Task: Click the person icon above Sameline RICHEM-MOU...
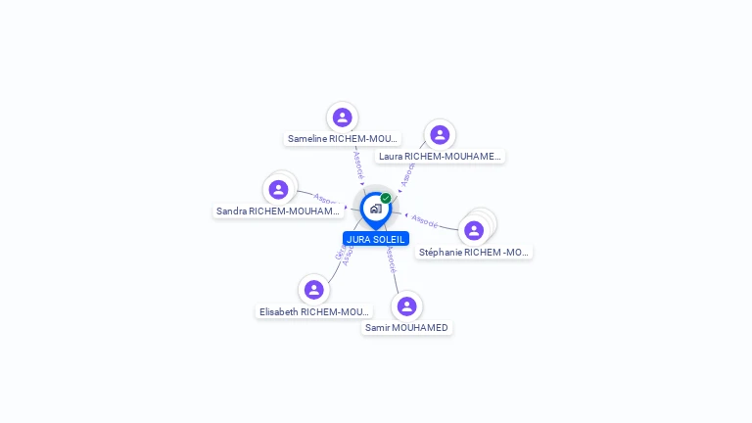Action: click(342, 117)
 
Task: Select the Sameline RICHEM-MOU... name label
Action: click(343, 139)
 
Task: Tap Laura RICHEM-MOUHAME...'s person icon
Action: click(440, 135)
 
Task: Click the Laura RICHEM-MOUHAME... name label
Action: click(440, 156)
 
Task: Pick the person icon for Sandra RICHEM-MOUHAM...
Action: click(279, 190)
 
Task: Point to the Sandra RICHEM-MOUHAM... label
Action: click(278, 211)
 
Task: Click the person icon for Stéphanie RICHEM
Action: click(474, 231)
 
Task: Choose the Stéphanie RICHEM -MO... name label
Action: click(474, 252)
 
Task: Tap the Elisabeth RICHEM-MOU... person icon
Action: click(314, 290)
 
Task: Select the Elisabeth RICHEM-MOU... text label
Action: click(314, 311)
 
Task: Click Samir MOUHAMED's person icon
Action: click(407, 306)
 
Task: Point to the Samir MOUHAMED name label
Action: click(406, 327)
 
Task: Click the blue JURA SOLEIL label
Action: click(376, 239)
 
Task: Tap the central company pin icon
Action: click(375, 209)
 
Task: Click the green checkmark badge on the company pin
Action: click(386, 198)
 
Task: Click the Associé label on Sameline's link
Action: click(358, 165)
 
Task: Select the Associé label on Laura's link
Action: click(407, 174)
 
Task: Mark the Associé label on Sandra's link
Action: click(327, 200)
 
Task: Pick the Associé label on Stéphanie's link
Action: click(425, 220)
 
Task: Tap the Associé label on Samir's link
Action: click(391, 258)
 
